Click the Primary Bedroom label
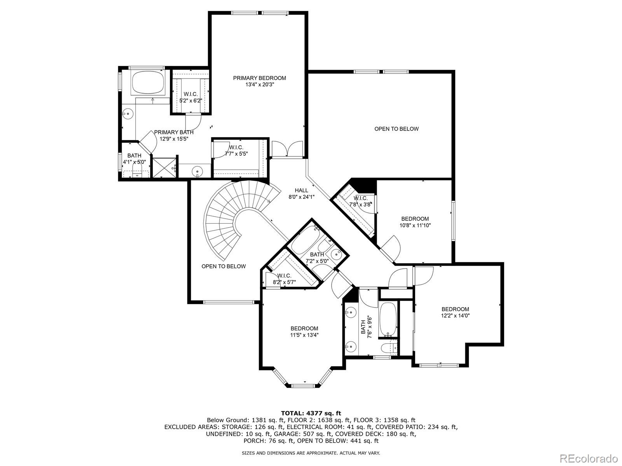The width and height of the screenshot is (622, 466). [259, 78]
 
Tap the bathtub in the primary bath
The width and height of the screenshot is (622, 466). [148, 82]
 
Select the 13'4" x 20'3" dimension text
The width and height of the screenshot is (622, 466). [259, 85]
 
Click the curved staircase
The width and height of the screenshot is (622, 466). [229, 217]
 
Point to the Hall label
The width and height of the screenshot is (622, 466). [301, 190]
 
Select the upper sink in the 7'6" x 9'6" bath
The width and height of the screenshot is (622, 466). [351, 312]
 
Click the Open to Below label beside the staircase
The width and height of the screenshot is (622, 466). [224, 266]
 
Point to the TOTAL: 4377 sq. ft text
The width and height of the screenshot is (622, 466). [311, 413]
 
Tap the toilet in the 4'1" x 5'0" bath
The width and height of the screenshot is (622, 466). [137, 172]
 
